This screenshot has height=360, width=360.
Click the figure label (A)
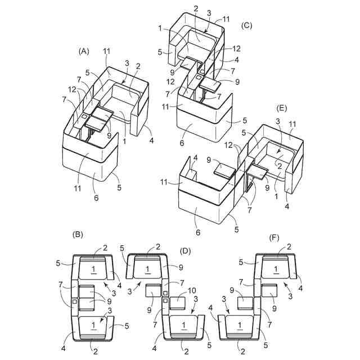[x=84, y=51]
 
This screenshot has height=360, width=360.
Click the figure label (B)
[x=78, y=233]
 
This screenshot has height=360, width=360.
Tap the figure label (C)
[x=246, y=26]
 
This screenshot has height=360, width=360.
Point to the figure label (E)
[x=281, y=107]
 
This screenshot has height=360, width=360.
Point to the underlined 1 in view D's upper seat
[x=148, y=270]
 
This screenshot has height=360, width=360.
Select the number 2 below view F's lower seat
[x=242, y=351]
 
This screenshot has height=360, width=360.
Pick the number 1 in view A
[x=124, y=141]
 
